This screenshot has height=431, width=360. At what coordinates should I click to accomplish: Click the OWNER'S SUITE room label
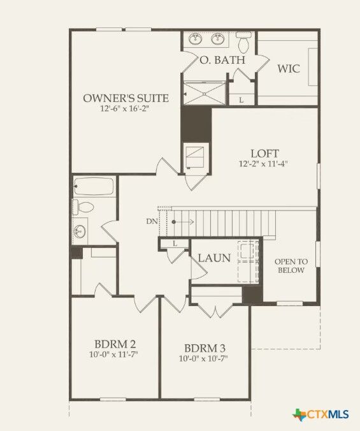(126, 98)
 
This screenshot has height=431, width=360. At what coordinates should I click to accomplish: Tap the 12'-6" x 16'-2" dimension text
(126, 109)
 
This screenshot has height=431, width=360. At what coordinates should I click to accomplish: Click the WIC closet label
(288, 68)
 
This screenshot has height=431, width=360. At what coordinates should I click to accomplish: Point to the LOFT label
(264, 153)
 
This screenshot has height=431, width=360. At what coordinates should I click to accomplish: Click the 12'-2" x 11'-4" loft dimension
(264, 164)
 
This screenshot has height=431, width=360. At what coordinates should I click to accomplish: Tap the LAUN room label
(213, 258)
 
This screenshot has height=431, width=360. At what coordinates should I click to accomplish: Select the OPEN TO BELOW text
(290, 266)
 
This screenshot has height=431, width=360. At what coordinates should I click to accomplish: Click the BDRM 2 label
(115, 343)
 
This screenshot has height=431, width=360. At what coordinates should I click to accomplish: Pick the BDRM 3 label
(205, 348)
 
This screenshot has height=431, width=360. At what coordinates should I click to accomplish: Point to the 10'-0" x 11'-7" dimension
(115, 354)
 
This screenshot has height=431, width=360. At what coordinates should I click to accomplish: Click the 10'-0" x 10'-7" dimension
(205, 359)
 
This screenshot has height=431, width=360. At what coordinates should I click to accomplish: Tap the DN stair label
(152, 221)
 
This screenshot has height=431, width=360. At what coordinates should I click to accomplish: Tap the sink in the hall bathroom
(80, 230)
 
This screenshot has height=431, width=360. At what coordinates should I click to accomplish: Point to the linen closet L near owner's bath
(241, 99)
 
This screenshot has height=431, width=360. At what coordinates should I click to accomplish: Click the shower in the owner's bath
(205, 92)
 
